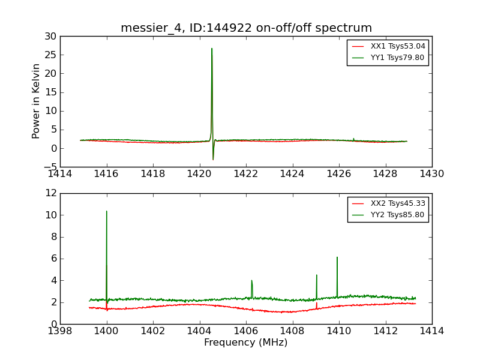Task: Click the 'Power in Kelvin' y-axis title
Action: click(x=37, y=101)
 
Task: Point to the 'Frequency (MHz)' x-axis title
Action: click(x=245, y=343)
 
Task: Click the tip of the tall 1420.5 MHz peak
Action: click(x=212, y=49)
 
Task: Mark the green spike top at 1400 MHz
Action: click(x=107, y=211)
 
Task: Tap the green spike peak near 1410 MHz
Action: click(x=337, y=257)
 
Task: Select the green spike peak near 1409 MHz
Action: click(x=317, y=275)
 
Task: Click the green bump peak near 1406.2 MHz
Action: click(x=251, y=280)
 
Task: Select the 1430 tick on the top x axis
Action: click(x=432, y=174)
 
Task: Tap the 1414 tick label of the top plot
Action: click(x=60, y=174)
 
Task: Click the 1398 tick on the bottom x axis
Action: click(x=60, y=331)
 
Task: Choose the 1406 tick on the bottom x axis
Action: click(x=246, y=331)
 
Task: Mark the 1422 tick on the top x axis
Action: click(x=246, y=174)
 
